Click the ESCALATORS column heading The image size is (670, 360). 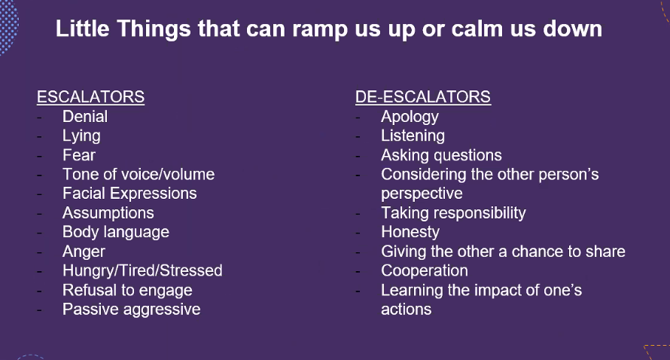(90, 97)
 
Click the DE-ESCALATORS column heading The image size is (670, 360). (423, 97)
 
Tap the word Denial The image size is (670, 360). (85, 116)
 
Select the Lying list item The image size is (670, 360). (81, 136)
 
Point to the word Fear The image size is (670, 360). (79, 155)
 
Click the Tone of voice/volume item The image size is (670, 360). (139, 174)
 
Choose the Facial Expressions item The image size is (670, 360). (129, 194)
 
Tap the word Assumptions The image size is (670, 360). (108, 213)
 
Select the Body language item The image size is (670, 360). (116, 232)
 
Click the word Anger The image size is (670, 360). (84, 252)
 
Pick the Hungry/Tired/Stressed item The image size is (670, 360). (142, 270)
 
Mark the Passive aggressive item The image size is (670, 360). (131, 309)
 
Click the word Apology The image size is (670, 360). (410, 117)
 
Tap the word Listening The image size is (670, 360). (413, 136)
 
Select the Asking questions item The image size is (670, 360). (441, 155)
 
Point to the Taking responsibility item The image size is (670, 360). (453, 213)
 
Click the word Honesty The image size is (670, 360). (410, 232)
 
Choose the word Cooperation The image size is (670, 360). (425, 270)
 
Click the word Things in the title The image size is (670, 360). (154, 29)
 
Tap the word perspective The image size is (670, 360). (422, 194)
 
